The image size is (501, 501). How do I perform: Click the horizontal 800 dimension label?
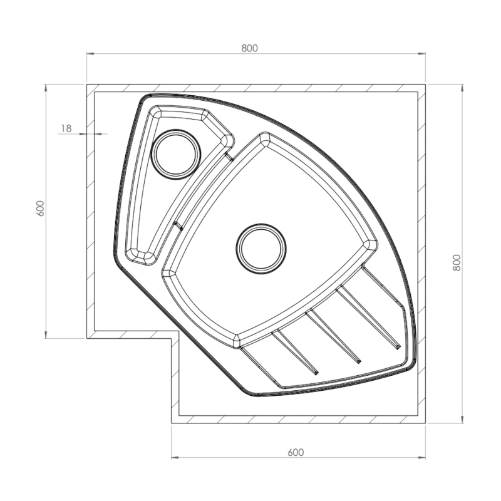249,48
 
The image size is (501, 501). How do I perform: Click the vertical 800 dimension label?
457,262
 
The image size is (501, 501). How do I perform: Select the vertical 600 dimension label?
41,209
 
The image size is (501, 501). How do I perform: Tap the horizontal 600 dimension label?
296,452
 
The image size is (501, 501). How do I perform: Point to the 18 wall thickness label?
66,128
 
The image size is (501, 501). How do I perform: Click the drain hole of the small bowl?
176,154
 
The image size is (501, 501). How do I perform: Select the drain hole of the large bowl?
261,249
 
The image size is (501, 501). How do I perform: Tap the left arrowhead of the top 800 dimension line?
90,54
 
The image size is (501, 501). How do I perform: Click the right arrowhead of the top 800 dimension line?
422,54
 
